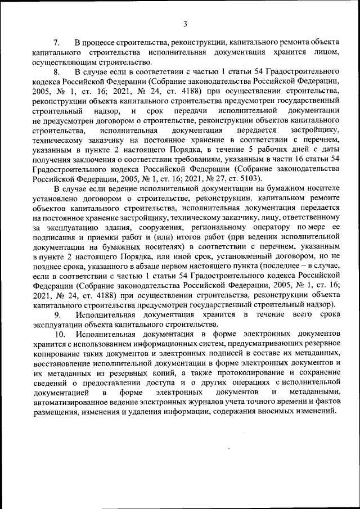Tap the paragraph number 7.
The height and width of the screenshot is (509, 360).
pyautogui.click(x=56, y=43)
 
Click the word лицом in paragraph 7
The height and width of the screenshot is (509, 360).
pyautogui.click(x=328, y=52)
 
